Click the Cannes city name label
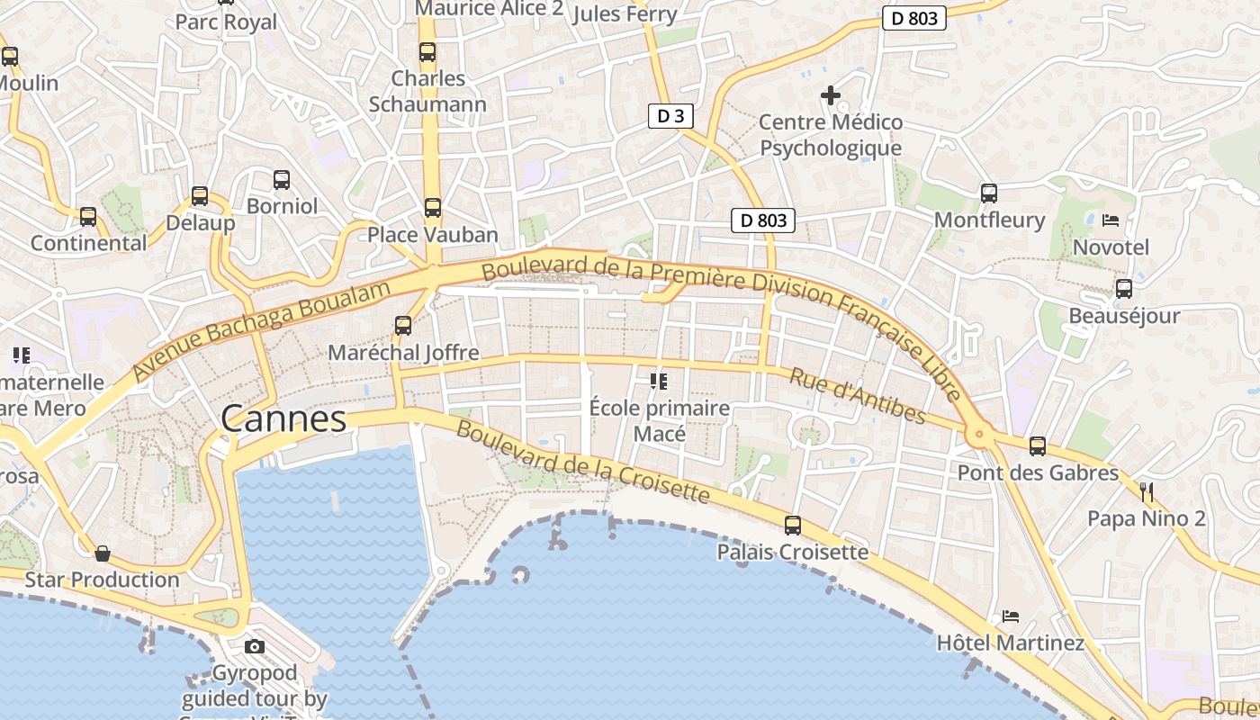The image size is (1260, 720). point(283,419)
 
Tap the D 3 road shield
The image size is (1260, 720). point(670,115)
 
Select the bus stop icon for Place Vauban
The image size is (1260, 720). point(433,208)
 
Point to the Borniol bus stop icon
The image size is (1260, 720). point(282,180)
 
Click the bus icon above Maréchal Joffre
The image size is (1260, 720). point(403,326)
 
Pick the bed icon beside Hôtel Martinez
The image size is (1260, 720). point(1011,616)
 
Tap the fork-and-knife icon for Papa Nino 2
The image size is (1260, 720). point(1147,491)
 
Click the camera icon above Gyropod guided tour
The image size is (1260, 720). point(255,646)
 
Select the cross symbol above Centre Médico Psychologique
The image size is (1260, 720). point(831,94)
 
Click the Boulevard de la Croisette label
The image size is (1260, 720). point(582,462)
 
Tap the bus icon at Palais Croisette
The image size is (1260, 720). point(793,525)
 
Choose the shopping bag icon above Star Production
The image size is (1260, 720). point(103,553)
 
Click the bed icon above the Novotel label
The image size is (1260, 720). point(1111,220)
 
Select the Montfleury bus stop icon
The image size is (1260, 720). point(989,193)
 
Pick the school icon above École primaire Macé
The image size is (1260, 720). point(659,382)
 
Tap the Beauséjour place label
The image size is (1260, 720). point(1123,316)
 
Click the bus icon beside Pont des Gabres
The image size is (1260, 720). point(1038,445)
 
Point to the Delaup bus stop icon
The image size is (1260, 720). point(200,196)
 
